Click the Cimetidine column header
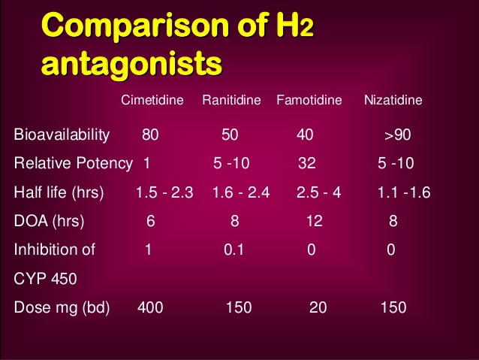click(x=152, y=100)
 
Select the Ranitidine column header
click(x=231, y=100)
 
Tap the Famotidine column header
click(x=309, y=100)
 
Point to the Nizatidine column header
click(x=393, y=100)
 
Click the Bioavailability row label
click(x=62, y=136)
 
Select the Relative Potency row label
click(x=73, y=164)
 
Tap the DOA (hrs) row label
click(x=49, y=221)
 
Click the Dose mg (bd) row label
click(x=62, y=307)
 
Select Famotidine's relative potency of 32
click(x=306, y=164)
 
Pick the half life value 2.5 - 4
click(x=318, y=192)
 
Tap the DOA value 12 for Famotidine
click(x=314, y=221)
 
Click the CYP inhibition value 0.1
click(x=233, y=250)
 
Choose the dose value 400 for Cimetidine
click(x=150, y=307)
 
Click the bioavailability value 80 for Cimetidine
click(x=150, y=136)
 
